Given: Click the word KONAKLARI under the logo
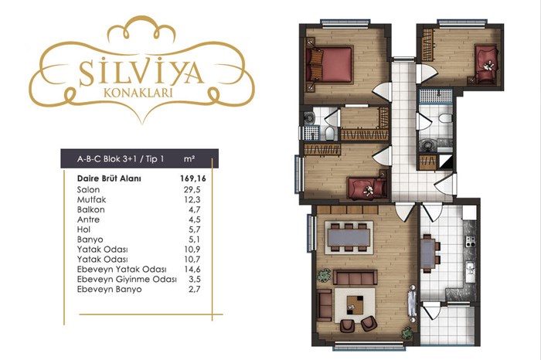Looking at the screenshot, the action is pyautogui.click(x=138, y=93).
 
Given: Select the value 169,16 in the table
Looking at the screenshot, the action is pyautogui.click(x=193, y=178).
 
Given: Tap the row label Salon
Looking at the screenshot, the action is pyautogui.click(x=88, y=189).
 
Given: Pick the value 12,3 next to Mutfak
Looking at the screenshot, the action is pyautogui.click(x=192, y=199).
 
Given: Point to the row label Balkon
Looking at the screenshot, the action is pyautogui.click(x=90, y=209).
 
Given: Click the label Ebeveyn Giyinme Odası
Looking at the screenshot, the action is pyautogui.click(x=127, y=280).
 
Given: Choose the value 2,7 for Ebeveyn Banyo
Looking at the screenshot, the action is pyautogui.click(x=194, y=289).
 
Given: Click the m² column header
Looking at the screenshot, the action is pyautogui.click(x=189, y=158).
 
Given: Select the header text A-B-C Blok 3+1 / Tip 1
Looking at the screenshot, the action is pyautogui.click(x=121, y=159).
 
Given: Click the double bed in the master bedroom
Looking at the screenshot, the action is pyautogui.click(x=328, y=65).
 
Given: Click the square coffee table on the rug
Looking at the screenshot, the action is pyautogui.click(x=355, y=304).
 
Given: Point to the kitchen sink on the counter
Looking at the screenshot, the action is pyautogui.click(x=470, y=270).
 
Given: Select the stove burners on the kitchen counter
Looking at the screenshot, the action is pyautogui.click(x=471, y=241).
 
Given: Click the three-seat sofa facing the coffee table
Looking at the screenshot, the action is pyautogui.click(x=355, y=277).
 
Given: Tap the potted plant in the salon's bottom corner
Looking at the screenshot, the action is pyautogui.click(x=407, y=333).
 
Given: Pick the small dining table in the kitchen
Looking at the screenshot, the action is pyautogui.click(x=428, y=253).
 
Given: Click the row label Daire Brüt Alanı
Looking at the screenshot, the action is pyautogui.click(x=109, y=178).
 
